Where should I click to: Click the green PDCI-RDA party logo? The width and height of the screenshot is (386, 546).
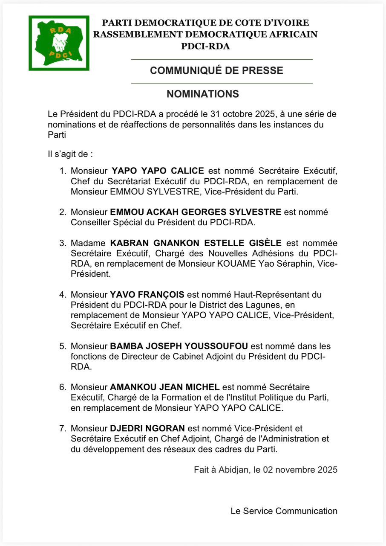click(x=59, y=43)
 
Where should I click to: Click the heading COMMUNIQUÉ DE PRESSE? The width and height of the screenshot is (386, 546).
click(x=216, y=71)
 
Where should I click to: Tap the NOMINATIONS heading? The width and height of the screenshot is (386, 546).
click(x=202, y=94)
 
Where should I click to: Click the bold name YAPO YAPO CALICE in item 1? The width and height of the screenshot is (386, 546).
click(x=158, y=171)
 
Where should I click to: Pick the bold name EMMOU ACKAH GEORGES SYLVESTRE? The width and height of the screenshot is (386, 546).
click(x=196, y=212)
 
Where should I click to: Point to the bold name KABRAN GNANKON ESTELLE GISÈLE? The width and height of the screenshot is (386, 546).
click(x=196, y=243)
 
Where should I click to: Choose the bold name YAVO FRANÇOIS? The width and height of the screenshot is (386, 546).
click(x=147, y=295)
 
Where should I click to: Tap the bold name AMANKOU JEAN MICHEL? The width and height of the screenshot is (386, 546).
click(x=164, y=387)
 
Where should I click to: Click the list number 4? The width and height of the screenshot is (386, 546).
click(x=63, y=295)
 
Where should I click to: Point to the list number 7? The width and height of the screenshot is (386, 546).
click(x=63, y=428)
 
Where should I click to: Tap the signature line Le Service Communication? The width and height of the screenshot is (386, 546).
click(x=284, y=511)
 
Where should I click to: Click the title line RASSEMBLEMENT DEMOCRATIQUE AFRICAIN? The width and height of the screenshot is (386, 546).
click(x=205, y=35)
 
